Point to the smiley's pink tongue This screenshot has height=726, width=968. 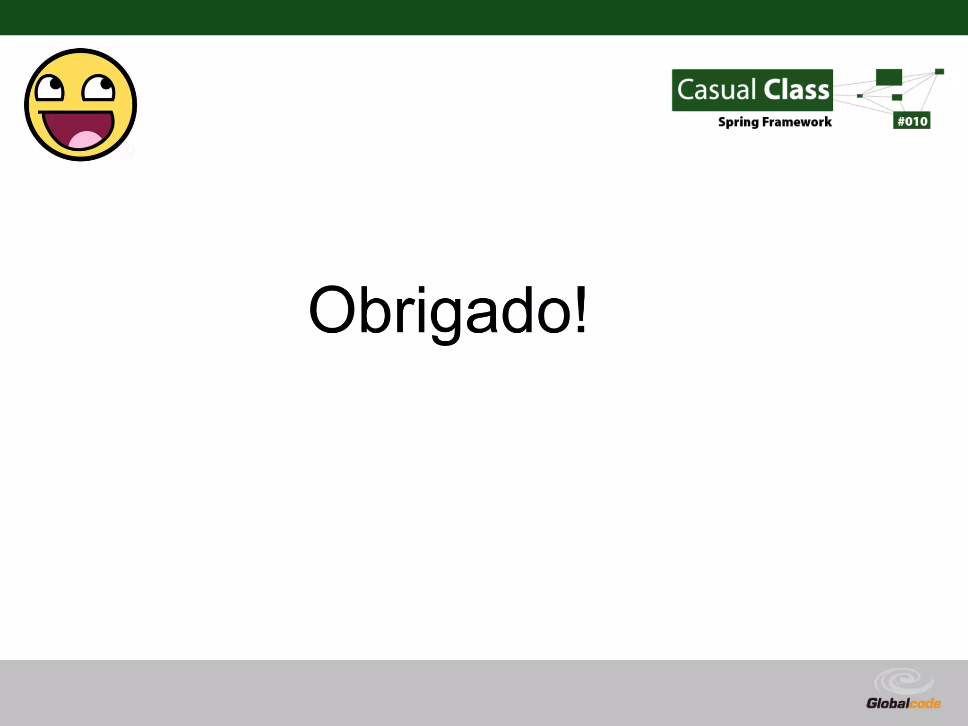pos(85,140)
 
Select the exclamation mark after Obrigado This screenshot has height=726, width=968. pos(581,310)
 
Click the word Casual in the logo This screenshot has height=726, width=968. pos(717,90)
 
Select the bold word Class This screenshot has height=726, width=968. pos(797,90)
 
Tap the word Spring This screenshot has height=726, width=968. pos(738,122)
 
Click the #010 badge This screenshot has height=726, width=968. pos(912,121)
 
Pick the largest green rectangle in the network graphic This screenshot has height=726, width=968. pos(889,77)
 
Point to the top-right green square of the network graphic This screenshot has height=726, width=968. pos(939,72)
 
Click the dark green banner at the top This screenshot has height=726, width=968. pos(484,17)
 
